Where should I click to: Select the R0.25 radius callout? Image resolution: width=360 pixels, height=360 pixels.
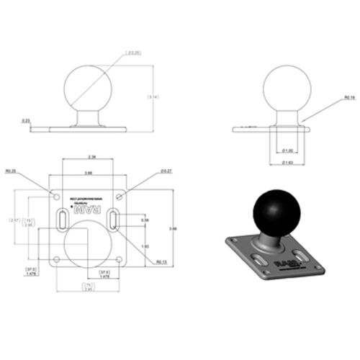[11, 171]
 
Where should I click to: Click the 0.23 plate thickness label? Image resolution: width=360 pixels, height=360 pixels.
[26, 120]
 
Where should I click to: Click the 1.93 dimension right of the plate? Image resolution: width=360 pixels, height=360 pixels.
[144, 247]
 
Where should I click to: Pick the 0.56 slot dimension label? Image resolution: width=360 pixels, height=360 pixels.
[144, 220]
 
